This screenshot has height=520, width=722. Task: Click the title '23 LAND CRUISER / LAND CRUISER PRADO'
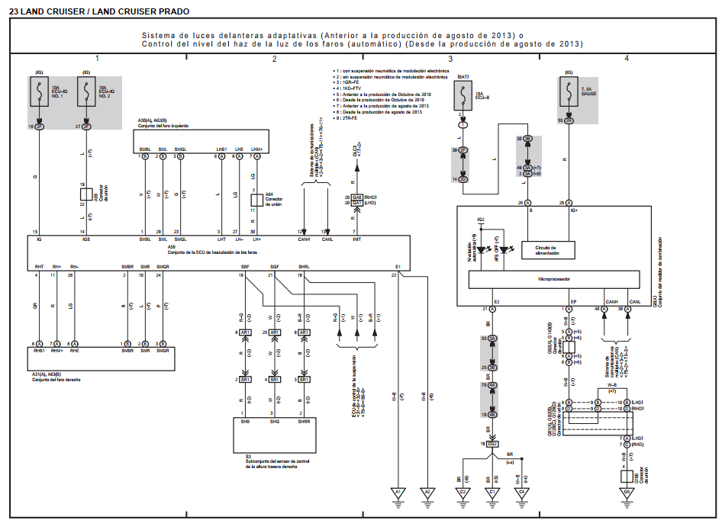pyautogui.click(x=99, y=11)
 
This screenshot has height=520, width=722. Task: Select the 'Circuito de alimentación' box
pyautogui.click(x=549, y=251)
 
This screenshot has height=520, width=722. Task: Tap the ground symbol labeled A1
pyautogui.click(x=397, y=493)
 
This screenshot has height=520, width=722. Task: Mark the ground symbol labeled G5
pyautogui.click(x=626, y=493)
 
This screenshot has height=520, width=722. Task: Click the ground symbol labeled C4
pyautogui.click(x=521, y=493)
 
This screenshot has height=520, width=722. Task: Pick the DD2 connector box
pyautogui.click(x=492, y=444)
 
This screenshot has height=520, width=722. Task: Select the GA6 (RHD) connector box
pyautogui.click(x=357, y=196)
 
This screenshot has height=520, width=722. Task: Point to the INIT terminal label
pyautogui.click(x=355, y=239)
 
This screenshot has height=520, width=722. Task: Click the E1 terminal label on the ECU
pyautogui.click(x=398, y=266)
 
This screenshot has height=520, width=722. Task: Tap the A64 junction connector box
pyautogui.click(x=256, y=200)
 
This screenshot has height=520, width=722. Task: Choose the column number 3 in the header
pyautogui.click(x=450, y=59)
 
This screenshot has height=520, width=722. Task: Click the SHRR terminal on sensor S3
pyautogui.click(x=303, y=421)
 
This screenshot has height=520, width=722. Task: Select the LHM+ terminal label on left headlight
pyautogui.click(x=257, y=149)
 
